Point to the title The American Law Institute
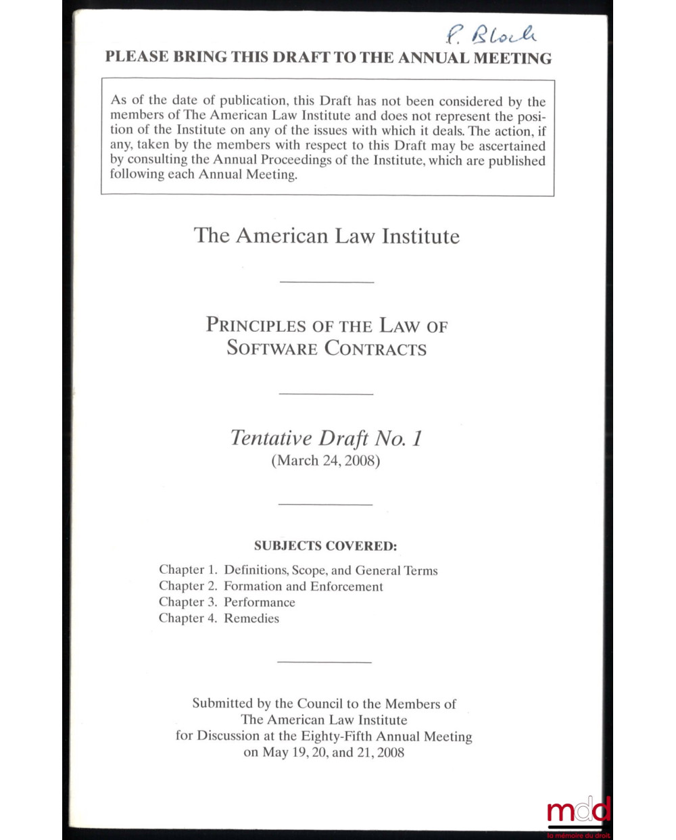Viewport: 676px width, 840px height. pos(327,236)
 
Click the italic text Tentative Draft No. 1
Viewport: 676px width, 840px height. pos(327,438)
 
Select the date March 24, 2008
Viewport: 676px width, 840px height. pos(326,461)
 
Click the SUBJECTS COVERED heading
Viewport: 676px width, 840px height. pos(325,545)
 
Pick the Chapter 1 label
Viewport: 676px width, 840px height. pos(187,570)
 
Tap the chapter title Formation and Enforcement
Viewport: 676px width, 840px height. pos(304,587)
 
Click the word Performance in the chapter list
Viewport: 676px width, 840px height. pos(260,602)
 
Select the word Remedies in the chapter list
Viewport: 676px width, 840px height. pos(251,618)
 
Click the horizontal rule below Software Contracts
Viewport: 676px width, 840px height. pos(326,393)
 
